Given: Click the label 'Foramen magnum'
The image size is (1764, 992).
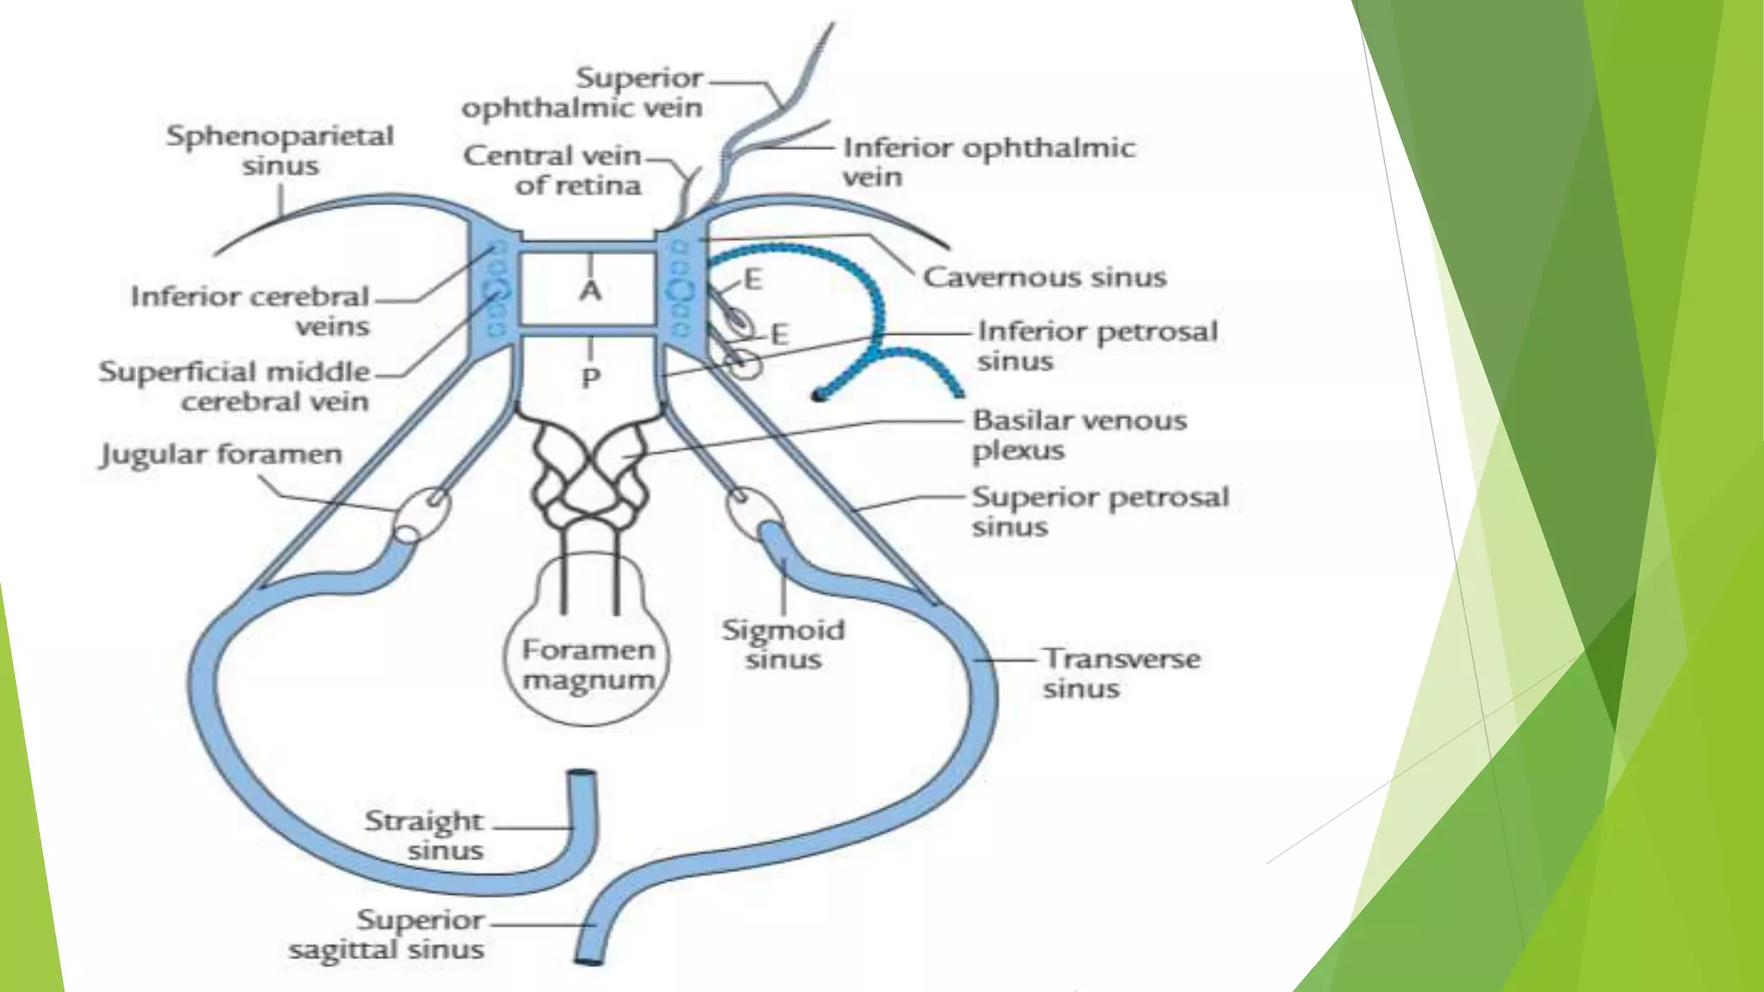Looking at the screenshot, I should (x=588, y=664).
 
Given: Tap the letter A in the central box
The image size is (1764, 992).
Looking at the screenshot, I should (x=590, y=290).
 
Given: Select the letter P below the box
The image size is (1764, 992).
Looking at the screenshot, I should (x=590, y=377).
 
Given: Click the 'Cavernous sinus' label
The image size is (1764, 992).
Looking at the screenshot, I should (x=1044, y=277).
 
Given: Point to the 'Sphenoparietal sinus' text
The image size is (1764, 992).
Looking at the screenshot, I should (x=280, y=150).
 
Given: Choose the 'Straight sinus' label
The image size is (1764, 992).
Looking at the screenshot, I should (x=424, y=834).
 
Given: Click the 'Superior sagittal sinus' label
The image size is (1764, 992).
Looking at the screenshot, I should (x=387, y=934).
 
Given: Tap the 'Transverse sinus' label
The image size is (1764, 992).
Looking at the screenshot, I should (x=1121, y=673).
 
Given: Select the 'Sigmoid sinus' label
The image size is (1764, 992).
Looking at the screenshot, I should (x=783, y=644).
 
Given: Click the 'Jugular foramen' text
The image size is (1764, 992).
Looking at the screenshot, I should (x=221, y=454).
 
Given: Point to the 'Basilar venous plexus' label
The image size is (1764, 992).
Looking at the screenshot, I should (x=1078, y=435).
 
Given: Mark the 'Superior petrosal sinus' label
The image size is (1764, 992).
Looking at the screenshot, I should (x=1099, y=511).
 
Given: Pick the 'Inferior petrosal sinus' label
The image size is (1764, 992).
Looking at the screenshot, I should (x=1096, y=344).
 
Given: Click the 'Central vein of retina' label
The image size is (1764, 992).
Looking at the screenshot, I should (x=553, y=170).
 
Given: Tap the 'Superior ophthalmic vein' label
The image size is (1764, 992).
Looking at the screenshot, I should (x=583, y=92).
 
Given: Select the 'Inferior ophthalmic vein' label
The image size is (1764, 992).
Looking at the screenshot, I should (x=988, y=161).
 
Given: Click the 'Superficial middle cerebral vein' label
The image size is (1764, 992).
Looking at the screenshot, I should (x=234, y=386).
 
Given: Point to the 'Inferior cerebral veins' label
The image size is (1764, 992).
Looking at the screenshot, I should (x=251, y=311).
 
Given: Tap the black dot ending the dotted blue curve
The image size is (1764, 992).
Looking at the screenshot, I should (x=817, y=395).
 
